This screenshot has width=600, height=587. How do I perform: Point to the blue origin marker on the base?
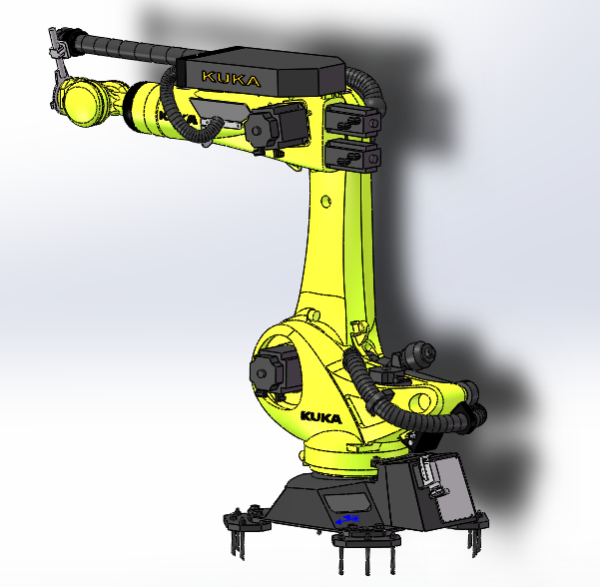click(x=347, y=519)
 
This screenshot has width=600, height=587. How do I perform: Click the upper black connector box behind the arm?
click(x=351, y=119)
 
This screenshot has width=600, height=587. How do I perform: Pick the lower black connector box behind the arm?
click(x=352, y=156)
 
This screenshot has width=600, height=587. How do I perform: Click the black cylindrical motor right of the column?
click(x=418, y=354)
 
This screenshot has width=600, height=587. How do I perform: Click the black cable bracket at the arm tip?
click(x=59, y=49)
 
